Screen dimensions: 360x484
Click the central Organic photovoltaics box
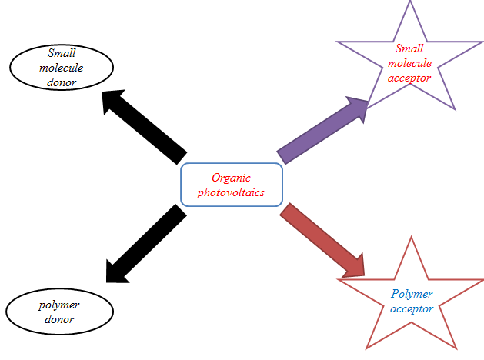click(x=232, y=185)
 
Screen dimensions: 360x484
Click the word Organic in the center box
click(x=231, y=178)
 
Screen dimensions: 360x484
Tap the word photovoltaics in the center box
click(x=231, y=192)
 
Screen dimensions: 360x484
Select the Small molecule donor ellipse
click(x=62, y=67)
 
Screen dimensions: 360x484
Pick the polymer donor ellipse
click(x=59, y=312)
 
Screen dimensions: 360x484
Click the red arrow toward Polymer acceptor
click(x=322, y=240)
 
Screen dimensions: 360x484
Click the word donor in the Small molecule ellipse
click(x=62, y=82)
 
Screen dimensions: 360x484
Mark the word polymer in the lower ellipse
click(x=58, y=305)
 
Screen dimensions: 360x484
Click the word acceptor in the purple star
click(x=409, y=78)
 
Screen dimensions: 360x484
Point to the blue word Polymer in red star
click(x=412, y=295)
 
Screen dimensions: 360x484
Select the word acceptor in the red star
click(x=412, y=308)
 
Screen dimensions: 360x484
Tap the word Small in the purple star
click(x=410, y=50)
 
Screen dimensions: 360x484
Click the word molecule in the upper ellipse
click(x=62, y=68)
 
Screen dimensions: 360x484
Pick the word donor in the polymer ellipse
click(x=58, y=319)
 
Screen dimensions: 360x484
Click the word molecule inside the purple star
click(x=409, y=64)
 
